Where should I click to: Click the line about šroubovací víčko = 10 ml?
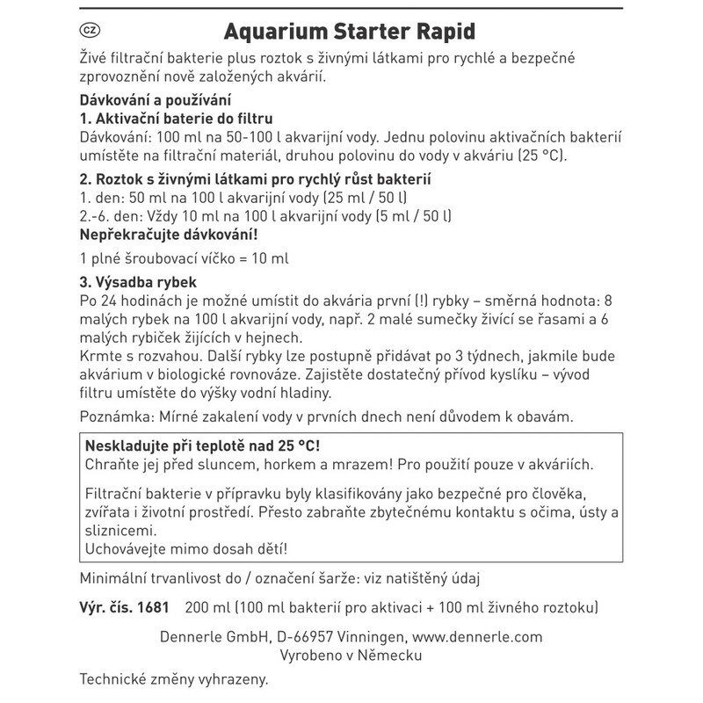tap(184, 260)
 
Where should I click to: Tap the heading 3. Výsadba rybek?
tap(139, 284)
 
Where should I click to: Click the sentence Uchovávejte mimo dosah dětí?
tap(185, 549)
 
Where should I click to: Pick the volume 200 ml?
tap(207, 607)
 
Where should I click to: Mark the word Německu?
tap(390, 656)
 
